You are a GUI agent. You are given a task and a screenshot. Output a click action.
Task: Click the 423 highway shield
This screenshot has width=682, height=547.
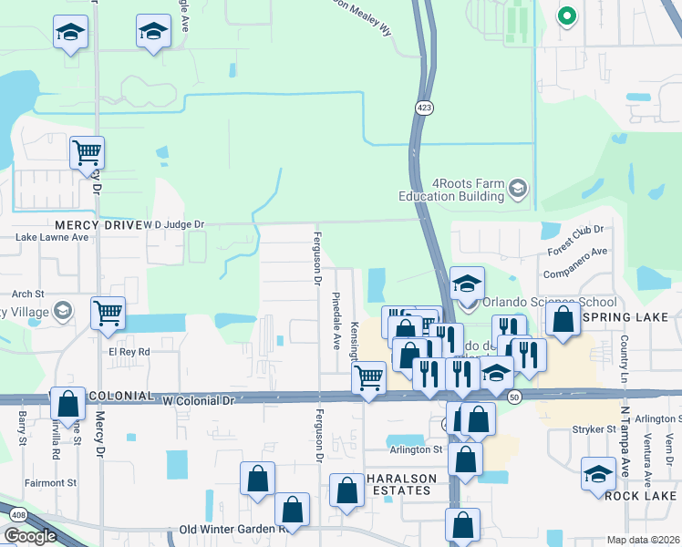point(424,108)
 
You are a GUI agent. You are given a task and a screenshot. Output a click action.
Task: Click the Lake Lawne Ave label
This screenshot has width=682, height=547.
point(53,237)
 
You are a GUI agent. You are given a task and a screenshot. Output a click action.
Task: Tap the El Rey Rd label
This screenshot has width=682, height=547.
point(129,350)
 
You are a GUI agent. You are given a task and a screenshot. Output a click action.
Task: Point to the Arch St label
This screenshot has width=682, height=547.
point(28,294)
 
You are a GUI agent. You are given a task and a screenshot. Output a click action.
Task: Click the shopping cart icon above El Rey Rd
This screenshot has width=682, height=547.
point(108,313)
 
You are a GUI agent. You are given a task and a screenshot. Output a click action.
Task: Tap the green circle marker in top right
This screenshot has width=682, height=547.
point(566,15)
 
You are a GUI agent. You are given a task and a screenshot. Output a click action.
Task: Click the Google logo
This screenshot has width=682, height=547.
point(30,536)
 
